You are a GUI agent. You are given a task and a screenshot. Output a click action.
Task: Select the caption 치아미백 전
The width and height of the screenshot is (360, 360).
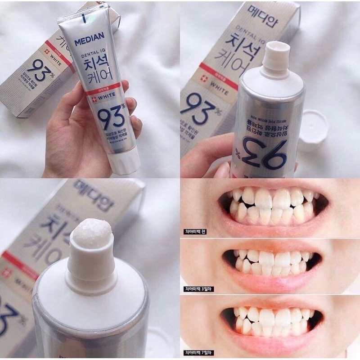click(x=198, y=233)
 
